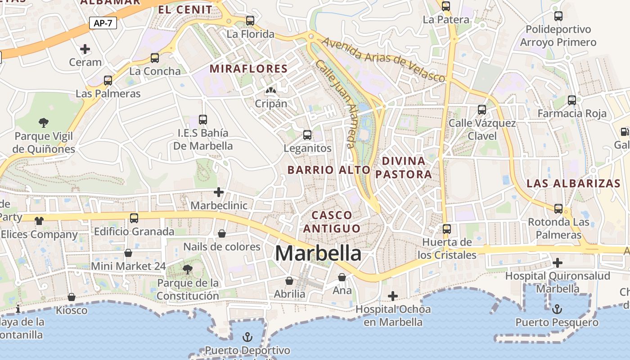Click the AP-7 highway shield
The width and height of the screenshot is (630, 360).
click(x=103, y=23)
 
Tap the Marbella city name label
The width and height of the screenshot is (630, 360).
click(x=318, y=253)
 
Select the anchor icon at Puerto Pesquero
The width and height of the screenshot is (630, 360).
click(x=557, y=309)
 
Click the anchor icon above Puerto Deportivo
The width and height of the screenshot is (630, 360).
click(x=247, y=337)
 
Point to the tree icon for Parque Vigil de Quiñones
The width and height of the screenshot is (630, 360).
click(x=44, y=122)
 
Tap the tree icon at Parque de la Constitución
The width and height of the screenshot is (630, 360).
click(x=187, y=270)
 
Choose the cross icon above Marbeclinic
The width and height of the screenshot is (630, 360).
click(x=219, y=192)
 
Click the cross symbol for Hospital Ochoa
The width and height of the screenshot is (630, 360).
click(x=393, y=296)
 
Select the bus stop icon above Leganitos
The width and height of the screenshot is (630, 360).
click(x=307, y=135)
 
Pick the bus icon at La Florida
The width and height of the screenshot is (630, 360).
click(x=250, y=21)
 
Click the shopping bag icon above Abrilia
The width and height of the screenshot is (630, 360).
click(x=289, y=281)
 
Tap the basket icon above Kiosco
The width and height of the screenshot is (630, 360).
click(x=72, y=297)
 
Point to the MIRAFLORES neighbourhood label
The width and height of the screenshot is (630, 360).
click(x=248, y=69)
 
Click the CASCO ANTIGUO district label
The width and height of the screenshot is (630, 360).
click(x=332, y=221)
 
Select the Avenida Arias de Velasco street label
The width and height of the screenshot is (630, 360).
click(x=383, y=60)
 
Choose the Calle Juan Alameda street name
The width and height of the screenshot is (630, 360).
click(x=336, y=104)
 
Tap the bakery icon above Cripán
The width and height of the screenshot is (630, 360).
click(x=270, y=91)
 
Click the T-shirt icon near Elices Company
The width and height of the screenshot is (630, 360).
click(x=39, y=220)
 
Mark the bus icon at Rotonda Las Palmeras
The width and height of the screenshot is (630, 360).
click(x=558, y=208)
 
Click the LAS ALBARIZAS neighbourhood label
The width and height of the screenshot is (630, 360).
click(x=573, y=184)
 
